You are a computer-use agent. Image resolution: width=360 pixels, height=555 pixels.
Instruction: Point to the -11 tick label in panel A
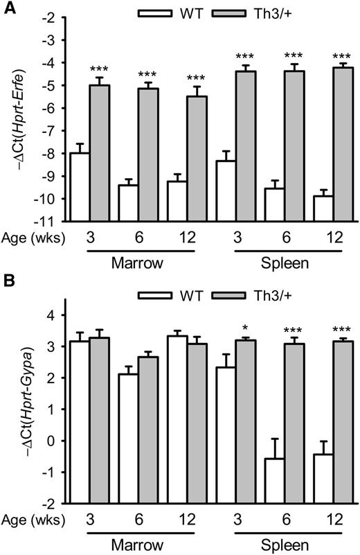(x=48, y=222)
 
